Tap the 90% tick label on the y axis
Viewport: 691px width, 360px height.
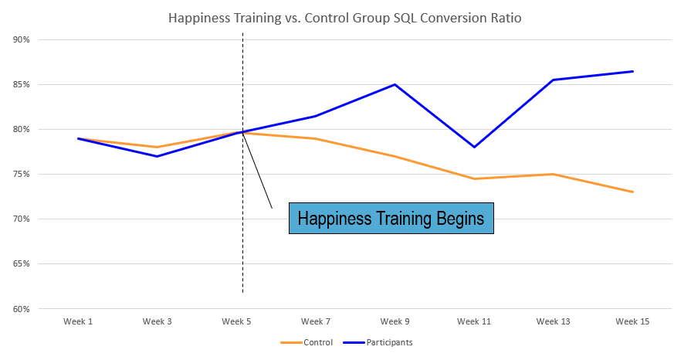[x=21, y=40]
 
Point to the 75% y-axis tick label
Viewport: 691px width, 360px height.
[x=21, y=175]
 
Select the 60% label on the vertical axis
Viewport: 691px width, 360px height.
[x=21, y=309]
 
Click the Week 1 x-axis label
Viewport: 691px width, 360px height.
[x=77, y=321]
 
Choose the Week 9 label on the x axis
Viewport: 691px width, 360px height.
[x=395, y=321]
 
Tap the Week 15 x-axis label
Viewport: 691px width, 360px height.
[x=632, y=321]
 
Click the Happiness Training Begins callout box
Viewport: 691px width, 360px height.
[x=391, y=219]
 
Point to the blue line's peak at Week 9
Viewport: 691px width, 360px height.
[x=395, y=85]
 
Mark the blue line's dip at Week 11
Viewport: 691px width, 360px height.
[x=474, y=147]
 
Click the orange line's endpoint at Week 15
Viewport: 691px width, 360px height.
[x=633, y=192]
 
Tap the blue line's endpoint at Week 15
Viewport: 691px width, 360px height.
[x=633, y=72]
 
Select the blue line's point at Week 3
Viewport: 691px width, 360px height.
[x=157, y=156]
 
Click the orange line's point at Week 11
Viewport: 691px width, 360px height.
[x=474, y=178]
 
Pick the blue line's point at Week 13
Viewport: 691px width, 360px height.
[x=554, y=80]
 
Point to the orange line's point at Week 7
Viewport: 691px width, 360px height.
[x=316, y=138]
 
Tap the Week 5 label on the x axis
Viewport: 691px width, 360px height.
[x=236, y=321]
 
